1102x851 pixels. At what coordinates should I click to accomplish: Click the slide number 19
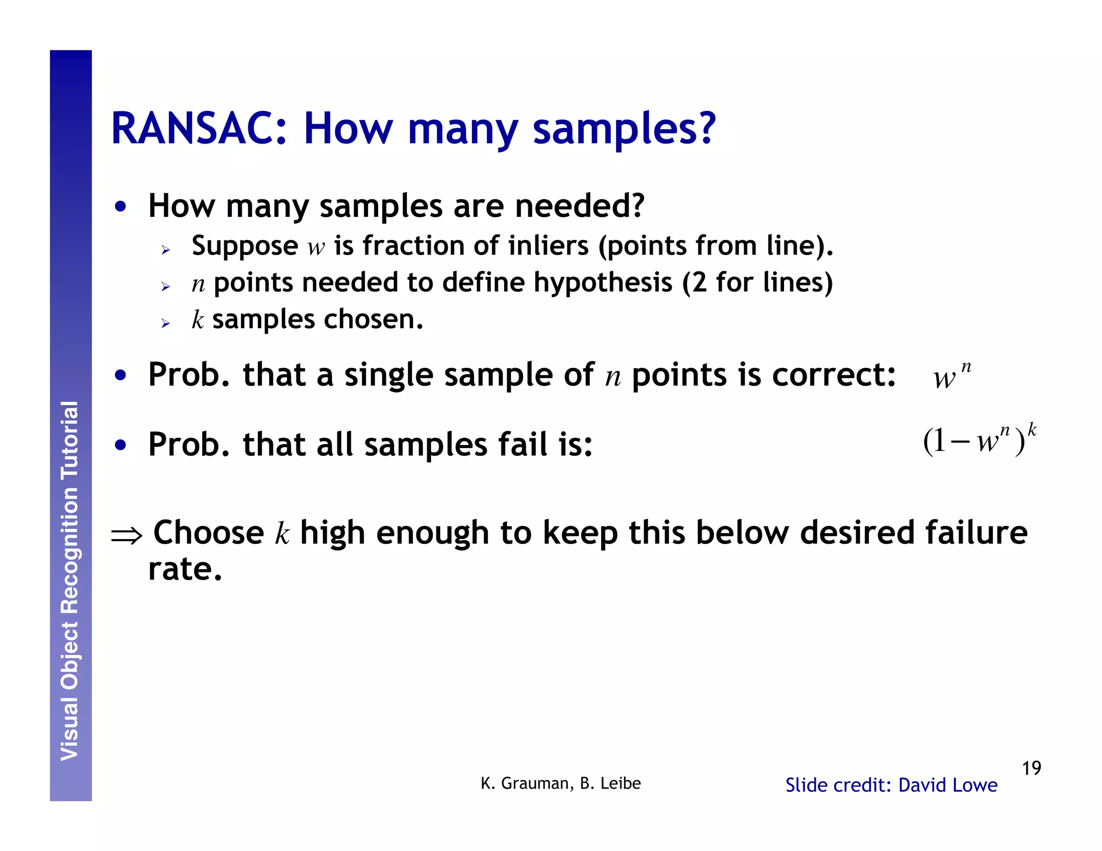1031,768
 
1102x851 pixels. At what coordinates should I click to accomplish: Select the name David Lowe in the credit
948,785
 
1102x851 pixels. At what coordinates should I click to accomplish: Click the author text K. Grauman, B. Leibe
560,783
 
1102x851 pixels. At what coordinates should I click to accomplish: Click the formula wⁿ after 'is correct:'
951,375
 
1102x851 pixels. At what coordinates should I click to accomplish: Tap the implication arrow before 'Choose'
126,536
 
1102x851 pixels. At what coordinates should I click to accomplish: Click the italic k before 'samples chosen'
197,320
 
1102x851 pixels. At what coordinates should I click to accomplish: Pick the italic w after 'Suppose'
316,247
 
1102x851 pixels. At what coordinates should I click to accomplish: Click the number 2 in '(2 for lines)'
699,282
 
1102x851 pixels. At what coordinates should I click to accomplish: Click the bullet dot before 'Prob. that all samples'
121,445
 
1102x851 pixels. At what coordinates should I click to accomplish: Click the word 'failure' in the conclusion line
976,533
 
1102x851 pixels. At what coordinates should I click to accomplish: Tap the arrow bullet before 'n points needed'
165,287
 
